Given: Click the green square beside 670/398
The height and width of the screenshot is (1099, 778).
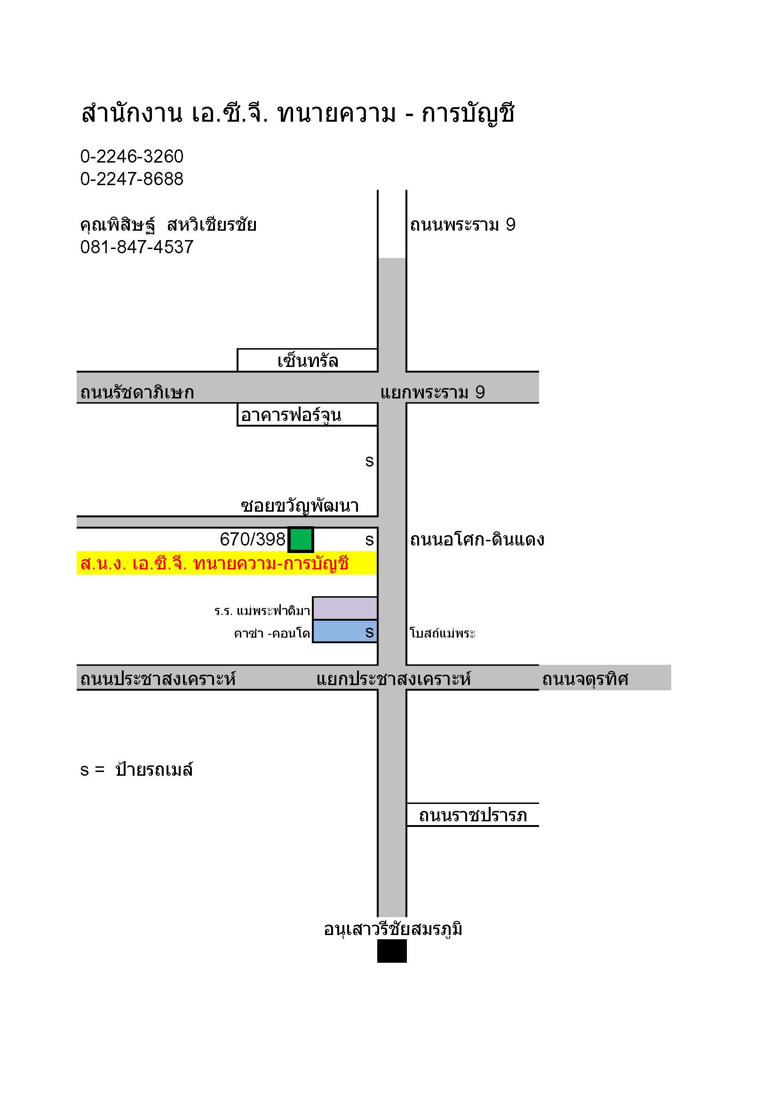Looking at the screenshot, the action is point(301,539).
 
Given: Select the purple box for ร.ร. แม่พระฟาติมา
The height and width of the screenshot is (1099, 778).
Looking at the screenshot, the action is point(344,608).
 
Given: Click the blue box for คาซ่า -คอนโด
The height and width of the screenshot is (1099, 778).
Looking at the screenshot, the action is point(344,631).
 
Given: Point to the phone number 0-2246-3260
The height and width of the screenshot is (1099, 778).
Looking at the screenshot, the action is point(132,156).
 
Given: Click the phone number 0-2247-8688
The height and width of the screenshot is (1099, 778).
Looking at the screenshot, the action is point(132,179).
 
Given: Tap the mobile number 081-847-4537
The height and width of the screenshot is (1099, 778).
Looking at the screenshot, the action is point(136,247).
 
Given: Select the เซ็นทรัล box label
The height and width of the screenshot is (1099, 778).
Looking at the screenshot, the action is point(308,361).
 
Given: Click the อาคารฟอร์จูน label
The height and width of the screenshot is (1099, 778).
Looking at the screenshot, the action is point(291,415).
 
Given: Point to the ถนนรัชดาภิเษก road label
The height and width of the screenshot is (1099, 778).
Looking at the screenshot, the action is point(137,392).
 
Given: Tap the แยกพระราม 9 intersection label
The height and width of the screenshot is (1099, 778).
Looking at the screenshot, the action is point(433,392).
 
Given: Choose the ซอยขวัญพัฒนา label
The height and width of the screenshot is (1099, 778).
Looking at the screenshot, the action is point(300,506).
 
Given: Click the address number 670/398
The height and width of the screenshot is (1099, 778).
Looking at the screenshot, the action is point(253,539).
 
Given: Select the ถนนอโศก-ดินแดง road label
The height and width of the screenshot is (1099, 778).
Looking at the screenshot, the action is point(477,539).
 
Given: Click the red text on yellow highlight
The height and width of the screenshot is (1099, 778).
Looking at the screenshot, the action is point(214,564).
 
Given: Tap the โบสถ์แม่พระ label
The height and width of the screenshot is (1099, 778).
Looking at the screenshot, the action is point(443,633).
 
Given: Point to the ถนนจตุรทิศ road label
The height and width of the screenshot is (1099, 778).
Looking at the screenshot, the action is point(585,679).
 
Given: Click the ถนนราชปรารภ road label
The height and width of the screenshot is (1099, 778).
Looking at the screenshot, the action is point(473,815).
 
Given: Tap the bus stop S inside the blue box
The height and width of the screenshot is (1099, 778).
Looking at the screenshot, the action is point(369,632).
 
